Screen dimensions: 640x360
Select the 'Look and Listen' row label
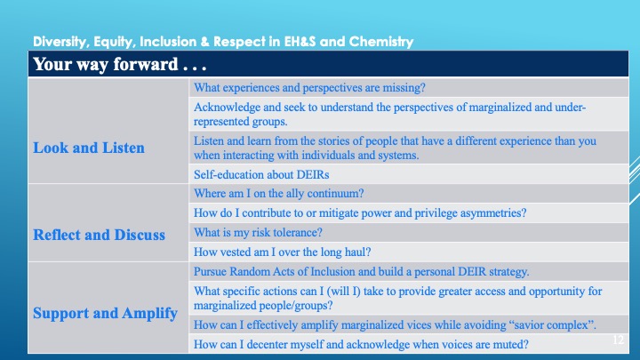[x=89, y=148]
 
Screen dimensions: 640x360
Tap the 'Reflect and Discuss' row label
[x=100, y=235]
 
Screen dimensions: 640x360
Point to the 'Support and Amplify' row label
[x=105, y=314]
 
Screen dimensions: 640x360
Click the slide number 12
[x=619, y=340]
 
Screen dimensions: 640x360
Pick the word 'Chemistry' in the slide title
[x=381, y=42]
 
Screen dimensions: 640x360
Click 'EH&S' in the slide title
[x=300, y=42]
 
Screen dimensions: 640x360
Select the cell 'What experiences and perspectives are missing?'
[x=309, y=88]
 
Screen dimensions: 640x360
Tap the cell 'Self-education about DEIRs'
[x=261, y=175]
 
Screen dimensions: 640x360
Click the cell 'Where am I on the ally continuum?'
[x=279, y=194]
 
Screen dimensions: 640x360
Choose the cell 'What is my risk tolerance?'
[x=258, y=233]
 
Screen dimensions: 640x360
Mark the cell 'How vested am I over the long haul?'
[x=283, y=252]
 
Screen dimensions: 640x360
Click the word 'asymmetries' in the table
[x=490, y=213]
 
